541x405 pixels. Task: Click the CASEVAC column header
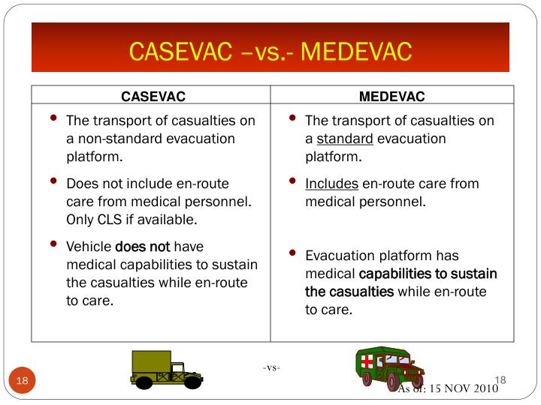pyautogui.click(x=153, y=96)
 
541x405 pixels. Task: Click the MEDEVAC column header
pyautogui.click(x=391, y=96)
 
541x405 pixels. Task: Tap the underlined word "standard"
pyautogui.click(x=345, y=139)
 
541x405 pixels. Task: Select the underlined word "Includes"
pyautogui.click(x=331, y=184)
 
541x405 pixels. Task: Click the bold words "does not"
pyautogui.click(x=143, y=247)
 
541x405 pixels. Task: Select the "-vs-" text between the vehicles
pyautogui.click(x=272, y=367)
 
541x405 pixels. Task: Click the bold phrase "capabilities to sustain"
pyautogui.click(x=428, y=274)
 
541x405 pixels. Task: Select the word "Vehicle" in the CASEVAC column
pyautogui.click(x=89, y=247)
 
